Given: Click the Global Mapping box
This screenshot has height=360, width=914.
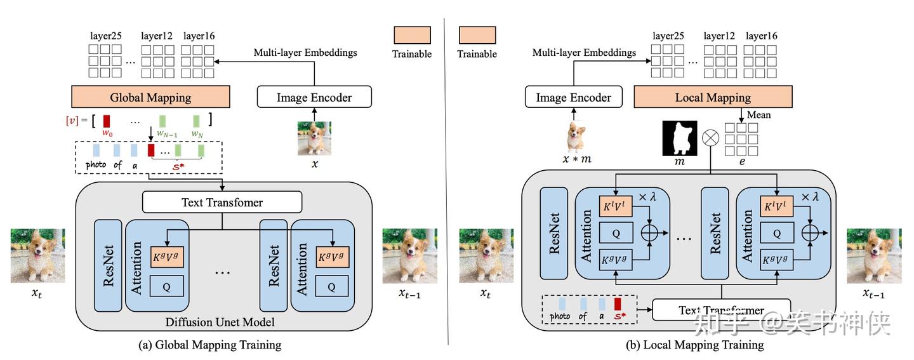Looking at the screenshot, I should pyautogui.click(x=150, y=97).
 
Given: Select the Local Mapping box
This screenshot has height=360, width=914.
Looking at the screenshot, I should pyautogui.click(x=713, y=97).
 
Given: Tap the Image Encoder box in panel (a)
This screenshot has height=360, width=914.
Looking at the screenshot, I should pyautogui.click(x=314, y=97).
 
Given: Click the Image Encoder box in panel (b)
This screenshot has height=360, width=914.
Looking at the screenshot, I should pyautogui.click(x=573, y=97).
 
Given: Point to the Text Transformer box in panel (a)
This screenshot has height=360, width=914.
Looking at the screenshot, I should pyautogui.click(x=222, y=203).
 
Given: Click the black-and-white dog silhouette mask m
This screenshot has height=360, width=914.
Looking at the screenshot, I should pyautogui.click(x=679, y=138).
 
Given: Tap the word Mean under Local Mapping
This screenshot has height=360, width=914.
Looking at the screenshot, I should pyautogui.click(x=758, y=115).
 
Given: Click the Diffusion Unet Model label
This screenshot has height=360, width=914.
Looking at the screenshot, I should pyautogui.click(x=220, y=323).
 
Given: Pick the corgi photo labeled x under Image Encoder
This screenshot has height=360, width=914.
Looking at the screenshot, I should pyautogui.click(x=314, y=138).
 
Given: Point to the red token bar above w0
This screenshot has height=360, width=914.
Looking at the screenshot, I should pyautogui.click(x=107, y=120).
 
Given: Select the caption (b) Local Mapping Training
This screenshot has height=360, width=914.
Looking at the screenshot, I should pyautogui.click(x=695, y=345).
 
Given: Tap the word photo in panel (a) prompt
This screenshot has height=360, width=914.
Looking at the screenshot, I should pyautogui.click(x=97, y=164).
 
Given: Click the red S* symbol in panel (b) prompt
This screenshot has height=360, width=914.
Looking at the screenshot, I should pyautogui.click(x=617, y=316).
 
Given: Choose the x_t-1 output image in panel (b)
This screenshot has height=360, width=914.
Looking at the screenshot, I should pyautogui.click(x=874, y=256).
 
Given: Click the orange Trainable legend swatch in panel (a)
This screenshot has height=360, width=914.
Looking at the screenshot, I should pyautogui.click(x=412, y=35).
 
